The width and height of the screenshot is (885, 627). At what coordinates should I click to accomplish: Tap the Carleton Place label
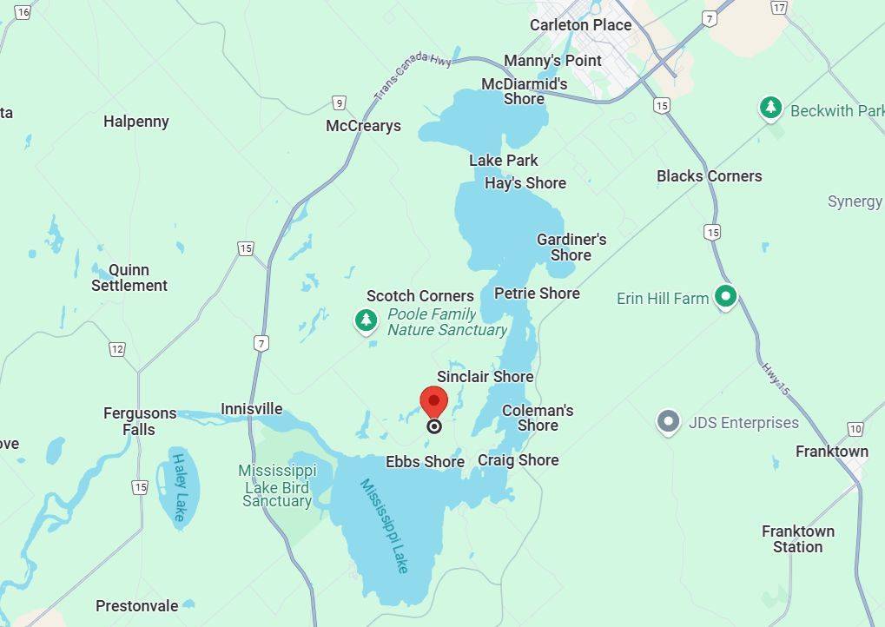tap(580, 25)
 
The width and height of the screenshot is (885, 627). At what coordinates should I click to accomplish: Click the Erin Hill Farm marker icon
tap(725, 298)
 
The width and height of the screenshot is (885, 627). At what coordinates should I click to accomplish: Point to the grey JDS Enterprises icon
tap(668, 423)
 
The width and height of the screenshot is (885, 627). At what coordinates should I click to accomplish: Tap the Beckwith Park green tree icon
tap(769, 109)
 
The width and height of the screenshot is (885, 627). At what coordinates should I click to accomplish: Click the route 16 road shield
tap(23, 12)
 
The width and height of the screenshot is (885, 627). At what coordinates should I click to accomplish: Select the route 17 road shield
tap(778, 7)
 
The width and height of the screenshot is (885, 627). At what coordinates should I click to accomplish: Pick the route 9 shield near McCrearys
tap(339, 102)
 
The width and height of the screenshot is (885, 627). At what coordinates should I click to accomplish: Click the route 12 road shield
tap(117, 349)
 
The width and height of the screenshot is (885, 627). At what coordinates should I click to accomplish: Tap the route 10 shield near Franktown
tap(855, 429)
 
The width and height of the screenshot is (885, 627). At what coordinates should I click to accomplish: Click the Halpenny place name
tap(136, 122)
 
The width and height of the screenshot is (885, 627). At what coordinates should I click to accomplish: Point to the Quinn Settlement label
tap(129, 278)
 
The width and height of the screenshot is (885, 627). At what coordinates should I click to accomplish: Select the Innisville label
tap(251, 409)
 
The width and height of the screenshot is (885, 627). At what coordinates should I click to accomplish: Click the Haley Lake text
tap(179, 487)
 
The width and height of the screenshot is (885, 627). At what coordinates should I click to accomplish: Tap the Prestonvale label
tap(137, 606)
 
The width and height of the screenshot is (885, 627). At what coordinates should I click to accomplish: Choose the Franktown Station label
tap(798, 538)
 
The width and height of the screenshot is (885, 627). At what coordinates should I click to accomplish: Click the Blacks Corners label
tap(709, 176)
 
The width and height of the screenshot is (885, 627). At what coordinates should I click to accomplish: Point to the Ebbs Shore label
tap(425, 462)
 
